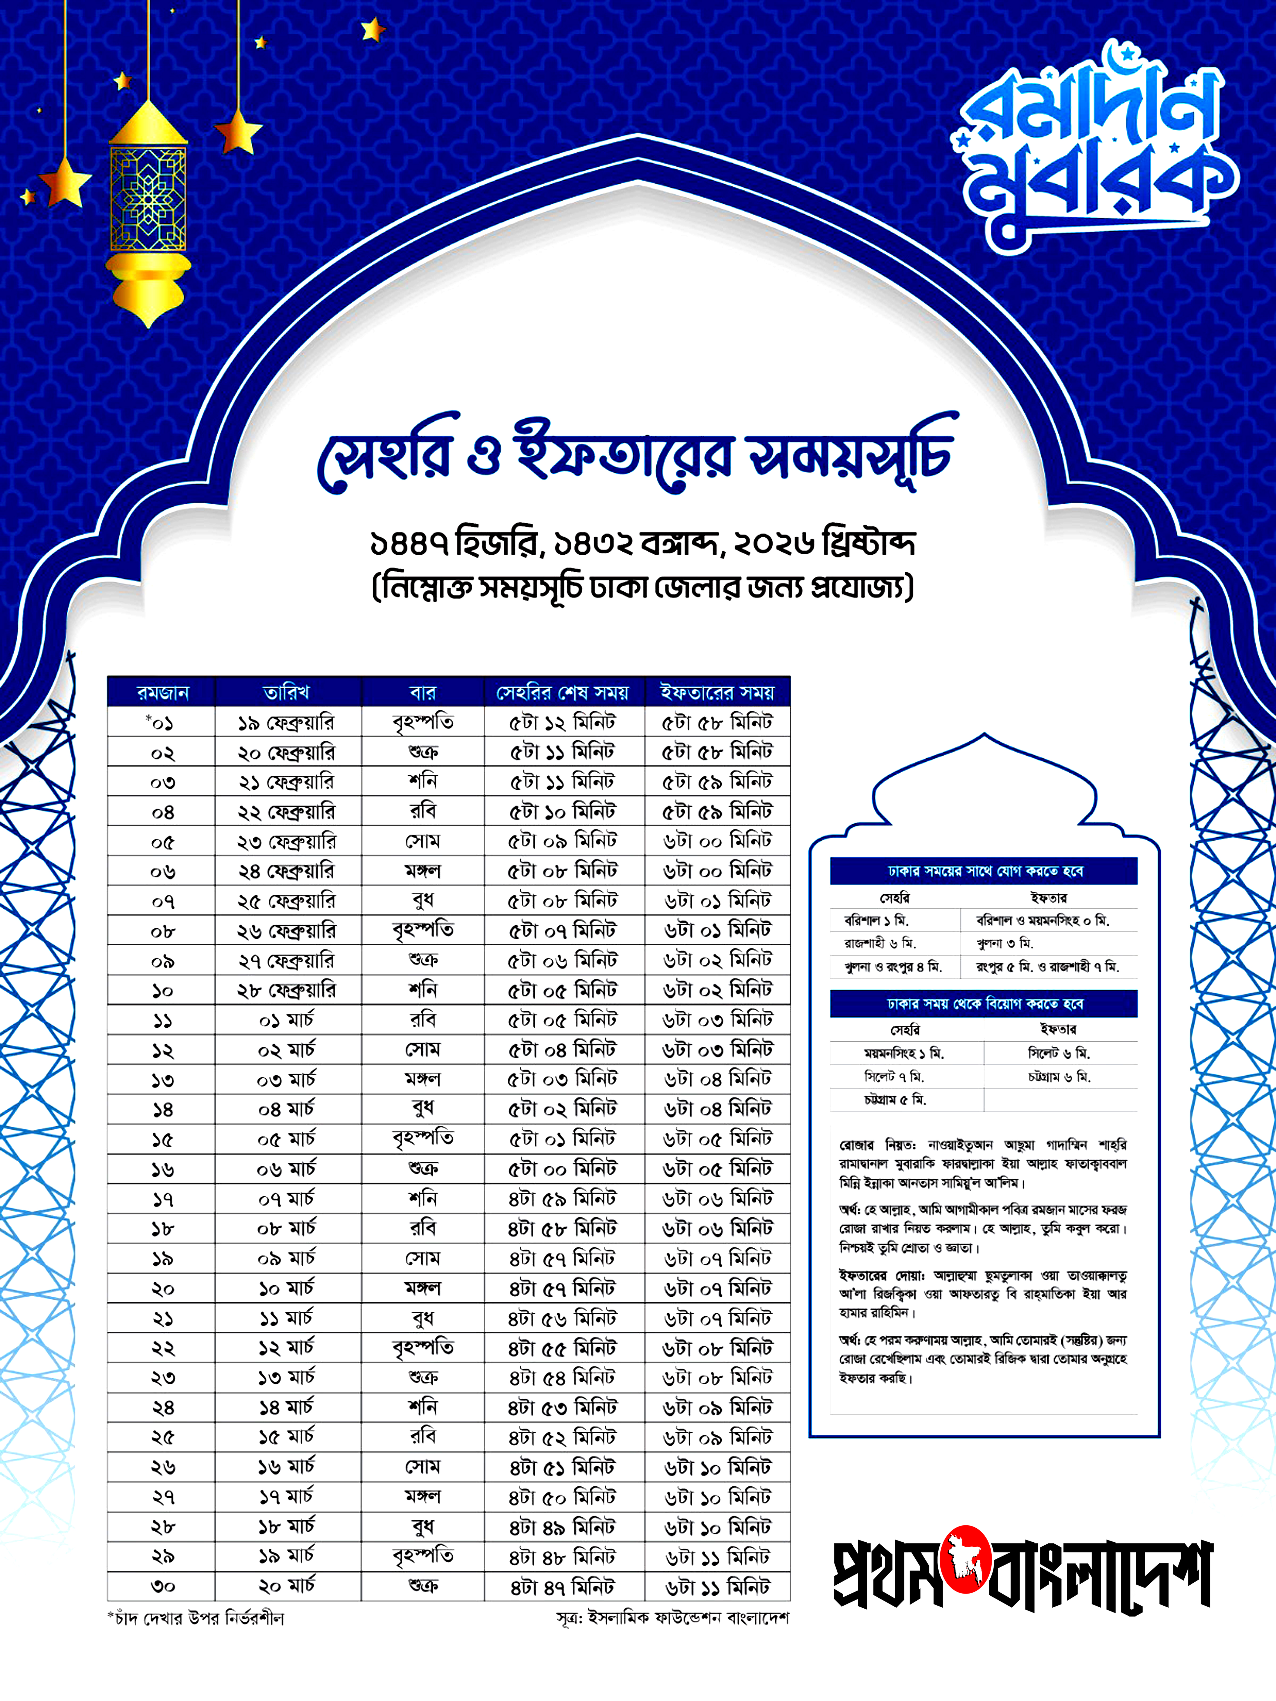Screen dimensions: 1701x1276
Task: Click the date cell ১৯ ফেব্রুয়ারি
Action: (x=286, y=723)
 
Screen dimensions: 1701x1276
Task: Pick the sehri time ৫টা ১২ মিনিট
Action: (x=563, y=723)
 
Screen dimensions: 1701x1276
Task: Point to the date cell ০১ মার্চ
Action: (x=286, y=1021)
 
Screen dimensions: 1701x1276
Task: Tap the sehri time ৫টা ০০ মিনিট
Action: (x=563, y=1170)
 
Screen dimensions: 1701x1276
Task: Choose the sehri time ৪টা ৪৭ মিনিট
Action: (x=563, y=1586)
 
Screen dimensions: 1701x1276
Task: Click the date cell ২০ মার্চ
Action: (x=286, y=1586)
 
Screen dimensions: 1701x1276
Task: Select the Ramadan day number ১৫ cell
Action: (x=162, y=1140)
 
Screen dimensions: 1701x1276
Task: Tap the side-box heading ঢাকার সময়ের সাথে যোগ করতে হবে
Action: (x=985, y=871)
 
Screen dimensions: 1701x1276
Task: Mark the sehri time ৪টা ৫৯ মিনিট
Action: (x=563, y=1199)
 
